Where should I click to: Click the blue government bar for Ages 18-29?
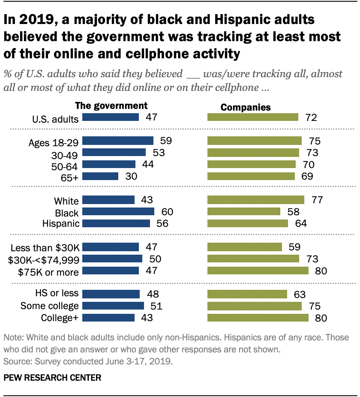tap(117, 141)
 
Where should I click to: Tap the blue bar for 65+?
tap(100, 176)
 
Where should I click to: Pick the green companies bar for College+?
tap(258, 318)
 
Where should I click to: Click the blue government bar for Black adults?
tap(118, 211)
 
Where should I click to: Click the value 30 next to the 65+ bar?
tap(130, 176)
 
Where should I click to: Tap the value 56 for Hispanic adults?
tap(162, 223)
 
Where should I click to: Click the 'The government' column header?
tap(111, 105)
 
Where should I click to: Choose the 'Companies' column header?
tap(245, 107)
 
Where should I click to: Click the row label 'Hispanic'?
tap(61, 223)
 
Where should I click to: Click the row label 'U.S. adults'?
tap(56, 119)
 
